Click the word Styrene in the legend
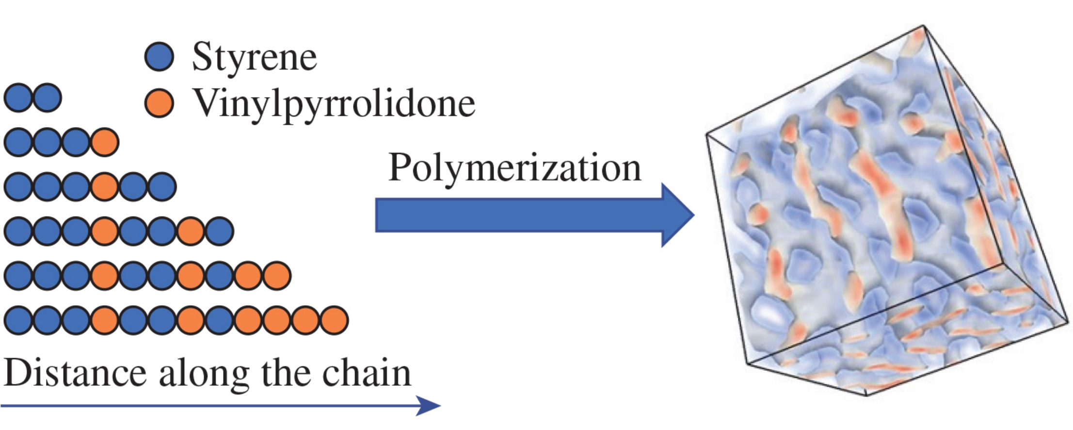point(254,57)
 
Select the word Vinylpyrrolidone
point(334,103)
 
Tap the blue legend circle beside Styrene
point(159,57)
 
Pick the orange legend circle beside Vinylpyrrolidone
point(159,103)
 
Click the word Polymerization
point(514,168)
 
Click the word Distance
point(75,373)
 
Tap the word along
point(204,374)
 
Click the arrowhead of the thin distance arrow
point(429,405)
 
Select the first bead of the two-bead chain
point(18,98)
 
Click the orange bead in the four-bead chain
point(104,142)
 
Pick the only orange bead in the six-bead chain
point(104,187)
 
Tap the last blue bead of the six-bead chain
point(162,187)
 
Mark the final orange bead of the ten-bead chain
point(277,276)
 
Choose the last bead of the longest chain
point(334,320)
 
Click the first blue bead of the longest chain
point(18,320)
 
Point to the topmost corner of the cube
point(923,26)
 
